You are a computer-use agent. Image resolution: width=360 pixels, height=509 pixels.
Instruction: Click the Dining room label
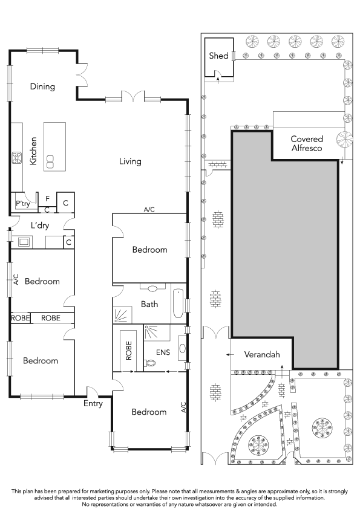click(x=42, y=86)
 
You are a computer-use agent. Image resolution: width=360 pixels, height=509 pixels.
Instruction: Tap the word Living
click(x=130, y=161)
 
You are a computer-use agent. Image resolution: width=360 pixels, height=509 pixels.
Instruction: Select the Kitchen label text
click(x=33, y=151)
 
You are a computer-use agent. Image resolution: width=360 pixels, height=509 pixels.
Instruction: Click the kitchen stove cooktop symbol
click(x=17, y=157)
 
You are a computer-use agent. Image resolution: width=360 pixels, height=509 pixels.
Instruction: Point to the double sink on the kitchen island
click(x=50, y=161)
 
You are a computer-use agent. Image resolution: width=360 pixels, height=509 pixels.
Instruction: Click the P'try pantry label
click(x=23, y=204)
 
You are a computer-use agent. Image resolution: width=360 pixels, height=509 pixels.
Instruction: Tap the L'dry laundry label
click(x=40, y=225)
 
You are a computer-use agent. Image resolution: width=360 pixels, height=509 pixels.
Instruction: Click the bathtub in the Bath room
click(x=178, y=303)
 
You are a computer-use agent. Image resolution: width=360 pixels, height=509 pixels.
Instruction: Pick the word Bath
click(x=149, y=304)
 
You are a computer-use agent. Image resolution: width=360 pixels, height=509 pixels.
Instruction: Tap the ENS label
click(x=163, y=352)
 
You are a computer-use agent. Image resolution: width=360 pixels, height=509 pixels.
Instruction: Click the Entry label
click(x=93, y=403)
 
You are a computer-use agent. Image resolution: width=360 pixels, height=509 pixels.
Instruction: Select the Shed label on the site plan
click(x=218, y=56)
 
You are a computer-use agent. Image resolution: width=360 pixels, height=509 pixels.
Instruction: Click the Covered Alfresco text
click(x=307, y=143)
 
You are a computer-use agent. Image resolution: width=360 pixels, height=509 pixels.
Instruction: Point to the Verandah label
click(x=262, y=354)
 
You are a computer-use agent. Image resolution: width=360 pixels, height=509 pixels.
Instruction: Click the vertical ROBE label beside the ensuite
click(x=129, y=351)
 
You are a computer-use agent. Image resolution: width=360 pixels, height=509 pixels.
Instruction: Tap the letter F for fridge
click(x=47, y=198)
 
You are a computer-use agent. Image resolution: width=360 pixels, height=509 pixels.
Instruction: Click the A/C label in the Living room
click(x=149, y=209)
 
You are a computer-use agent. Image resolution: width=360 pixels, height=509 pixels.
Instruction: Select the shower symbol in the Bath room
click(x=122, y=315)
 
